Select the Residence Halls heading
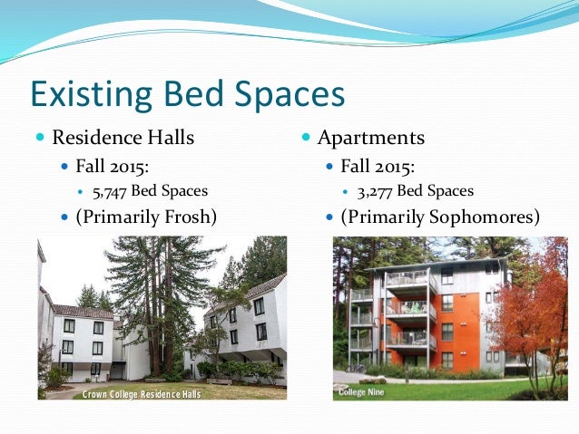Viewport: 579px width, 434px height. point(123,138)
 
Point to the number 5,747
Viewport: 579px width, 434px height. point(110,191)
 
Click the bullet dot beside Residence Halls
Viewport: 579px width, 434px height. point(39,139)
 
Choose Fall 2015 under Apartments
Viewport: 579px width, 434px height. point(378,167)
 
